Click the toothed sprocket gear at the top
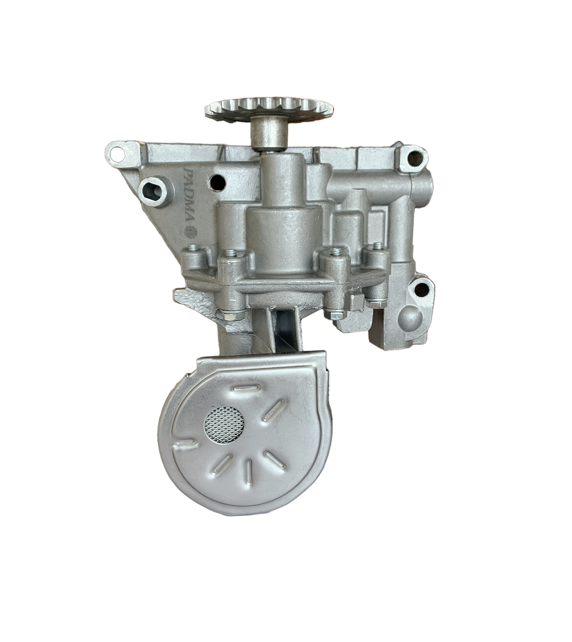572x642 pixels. pyautogui.click(x=269, y=109)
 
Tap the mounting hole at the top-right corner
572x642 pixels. pyautogui.click(x=414, y=157)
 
